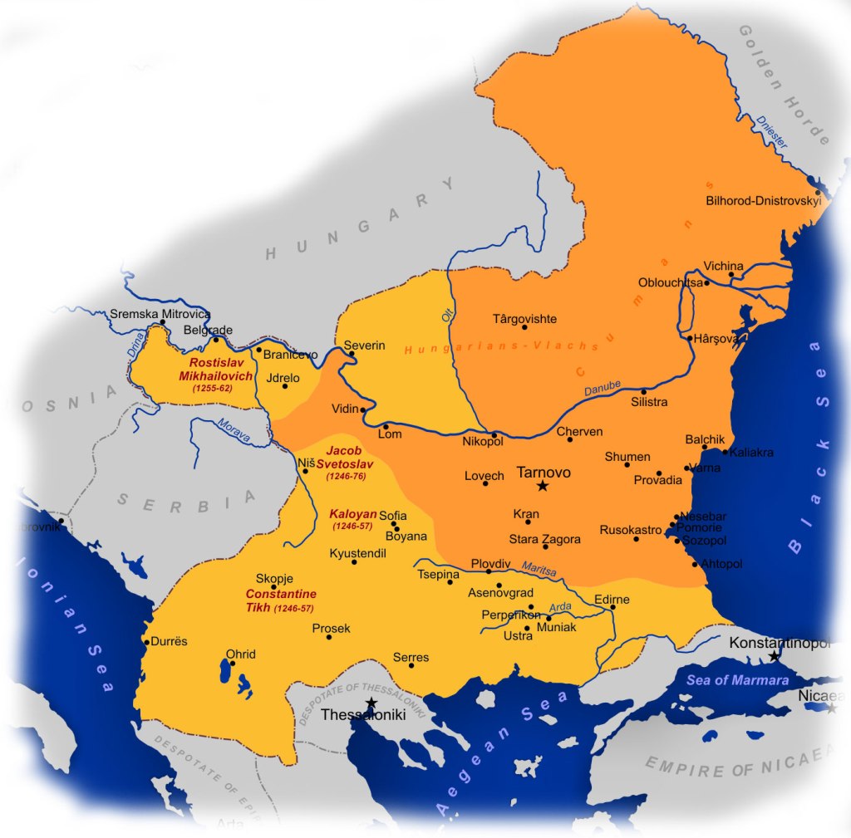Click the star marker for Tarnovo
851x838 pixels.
(543, 485)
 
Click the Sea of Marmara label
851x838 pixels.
(737, 680)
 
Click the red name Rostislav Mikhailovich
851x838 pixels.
(214, 370)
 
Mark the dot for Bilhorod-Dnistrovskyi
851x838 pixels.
(818, 193)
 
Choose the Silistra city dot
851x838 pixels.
(643, 391)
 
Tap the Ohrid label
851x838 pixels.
(241, 654)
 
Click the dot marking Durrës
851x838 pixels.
(146, 642)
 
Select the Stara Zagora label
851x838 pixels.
(545, 539)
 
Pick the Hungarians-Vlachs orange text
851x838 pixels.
(501, 346)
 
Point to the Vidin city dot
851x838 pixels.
(363, 409)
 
